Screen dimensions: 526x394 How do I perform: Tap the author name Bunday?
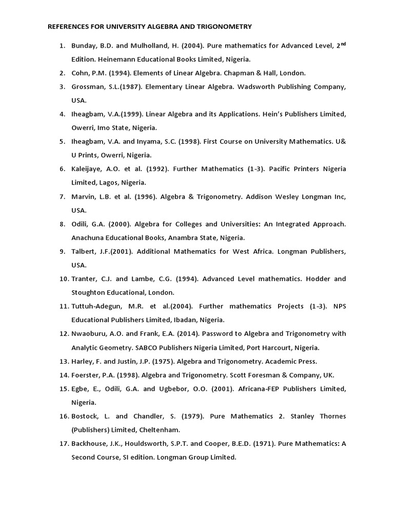tap(83, 46)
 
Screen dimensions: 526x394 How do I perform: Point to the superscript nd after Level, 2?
tap(343, 44)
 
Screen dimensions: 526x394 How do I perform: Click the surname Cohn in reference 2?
tap(80, 73)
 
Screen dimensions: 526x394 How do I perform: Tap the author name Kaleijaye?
tap(86, 169)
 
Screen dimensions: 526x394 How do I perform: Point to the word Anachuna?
tap(88, 237)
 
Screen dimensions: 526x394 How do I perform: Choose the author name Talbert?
tap(83, 251)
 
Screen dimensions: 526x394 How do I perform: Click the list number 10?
tap(63, 279)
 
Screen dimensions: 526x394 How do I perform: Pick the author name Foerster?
tap(85, 374)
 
